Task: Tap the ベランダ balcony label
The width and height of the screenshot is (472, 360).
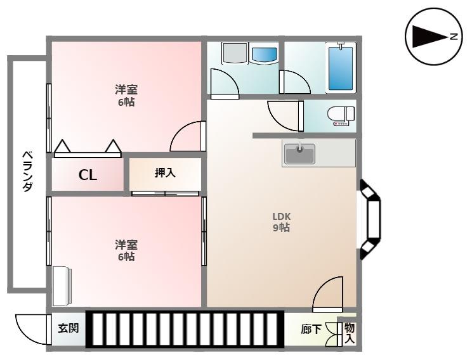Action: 27,172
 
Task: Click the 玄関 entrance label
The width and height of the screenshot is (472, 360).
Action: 68,329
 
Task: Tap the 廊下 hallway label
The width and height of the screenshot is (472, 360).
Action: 311,330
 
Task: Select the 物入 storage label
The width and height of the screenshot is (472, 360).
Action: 350,333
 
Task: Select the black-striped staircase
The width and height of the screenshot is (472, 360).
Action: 185,329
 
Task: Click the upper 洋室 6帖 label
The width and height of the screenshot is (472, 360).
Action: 126,96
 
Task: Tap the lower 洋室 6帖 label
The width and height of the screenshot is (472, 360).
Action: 126,250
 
